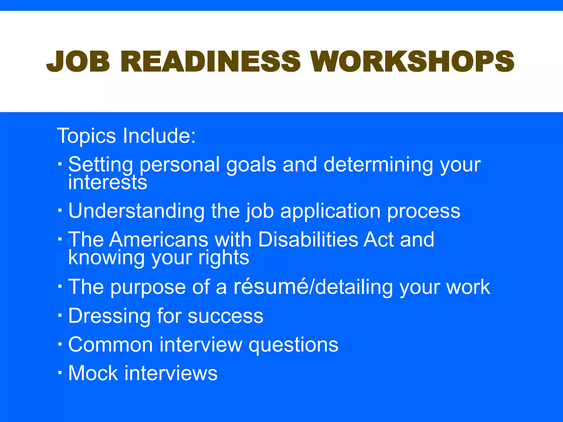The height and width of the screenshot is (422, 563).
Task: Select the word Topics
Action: [86, 136]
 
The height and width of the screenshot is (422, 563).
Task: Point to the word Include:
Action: [159, 136]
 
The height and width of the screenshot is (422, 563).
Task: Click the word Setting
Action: [101, 165]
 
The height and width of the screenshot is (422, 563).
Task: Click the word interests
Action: [107, 182]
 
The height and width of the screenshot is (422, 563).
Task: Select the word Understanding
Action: [136, 211]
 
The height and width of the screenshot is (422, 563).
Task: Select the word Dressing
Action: [109, 316]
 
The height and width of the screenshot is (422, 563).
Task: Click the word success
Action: [225, 316]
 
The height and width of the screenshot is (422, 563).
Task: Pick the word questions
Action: [293, 345]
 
